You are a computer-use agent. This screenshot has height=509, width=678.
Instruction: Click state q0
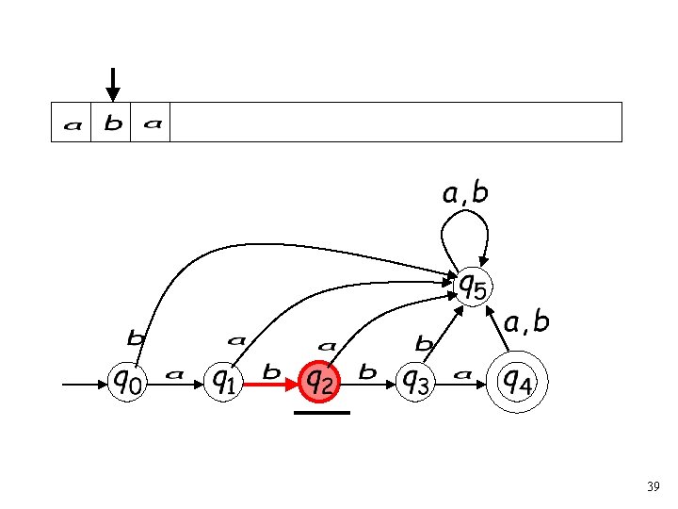click(x=129, y=382)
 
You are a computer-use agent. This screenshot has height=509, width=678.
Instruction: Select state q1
click(x=223, y=382)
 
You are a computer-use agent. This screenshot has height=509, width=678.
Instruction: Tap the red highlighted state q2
click(x=318, y=382)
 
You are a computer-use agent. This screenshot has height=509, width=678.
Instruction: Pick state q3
click(x=415, y=382)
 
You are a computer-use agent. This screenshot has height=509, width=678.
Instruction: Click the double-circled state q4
click(x=514, y=382)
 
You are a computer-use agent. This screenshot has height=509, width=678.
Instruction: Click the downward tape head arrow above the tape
click(x=113, y=84)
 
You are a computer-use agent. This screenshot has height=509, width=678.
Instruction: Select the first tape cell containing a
click(x=72, y=123)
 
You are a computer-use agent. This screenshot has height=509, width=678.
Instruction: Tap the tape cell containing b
click(x=112, y=123)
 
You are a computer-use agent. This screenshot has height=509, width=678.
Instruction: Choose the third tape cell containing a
click(x=152, y=123)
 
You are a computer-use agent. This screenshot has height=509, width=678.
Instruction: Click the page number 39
click(x=653, y=487)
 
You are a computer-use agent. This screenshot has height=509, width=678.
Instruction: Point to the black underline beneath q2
click(x=321, y=413)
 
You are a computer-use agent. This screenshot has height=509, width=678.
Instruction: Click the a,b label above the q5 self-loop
click(x=465, y=194)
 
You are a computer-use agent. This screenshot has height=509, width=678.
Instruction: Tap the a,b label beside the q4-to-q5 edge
click(x=526, y=323)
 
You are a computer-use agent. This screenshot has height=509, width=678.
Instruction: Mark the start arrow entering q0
click(x=85, y=385)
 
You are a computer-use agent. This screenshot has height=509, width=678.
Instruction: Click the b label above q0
click(x=136, y=337)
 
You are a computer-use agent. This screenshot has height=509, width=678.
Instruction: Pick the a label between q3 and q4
click(x=461, y=374)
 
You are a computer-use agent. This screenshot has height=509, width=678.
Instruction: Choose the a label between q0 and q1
click(x=174, y=374)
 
